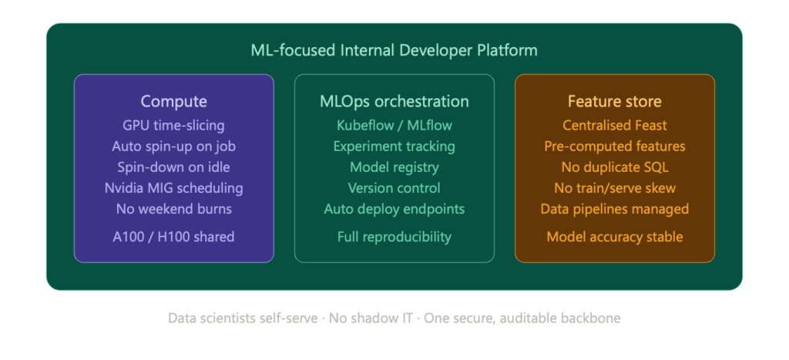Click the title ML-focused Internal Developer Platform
[394, 50]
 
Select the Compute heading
[173, 101]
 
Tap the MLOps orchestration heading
[394, 101]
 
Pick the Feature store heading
[614, 101]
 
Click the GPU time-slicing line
[173, 126]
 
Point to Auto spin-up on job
[173, 146]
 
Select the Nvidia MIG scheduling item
[173, 188]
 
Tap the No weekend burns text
[173, 209]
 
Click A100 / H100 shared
[173, 237]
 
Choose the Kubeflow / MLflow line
[394, 126]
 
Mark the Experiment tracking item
[394, 146]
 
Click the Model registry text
[394, 167]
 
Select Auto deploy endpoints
[394, 209]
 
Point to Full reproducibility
[394, 237]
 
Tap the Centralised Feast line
[614, 126]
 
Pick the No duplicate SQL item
[614, 167]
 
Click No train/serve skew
[614, 188]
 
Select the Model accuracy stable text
[614, 237]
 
